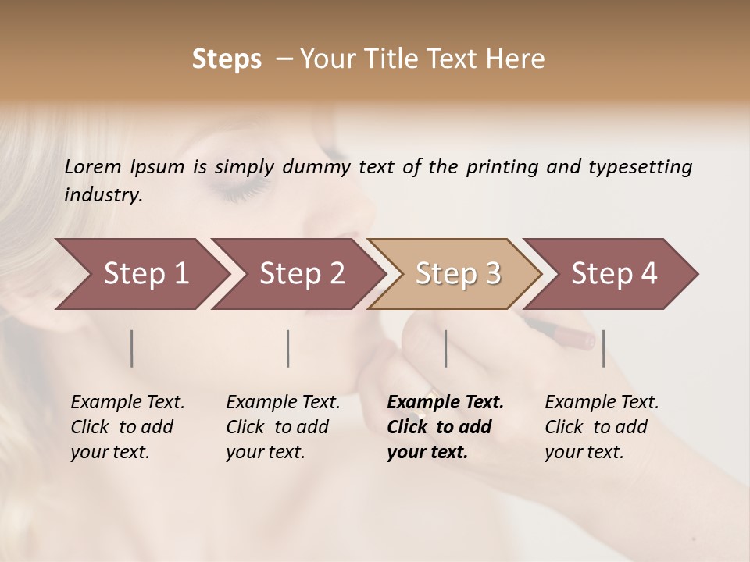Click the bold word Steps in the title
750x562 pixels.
pos(227,59)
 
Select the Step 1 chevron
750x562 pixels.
pos(141,274)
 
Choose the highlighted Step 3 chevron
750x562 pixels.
pos(455,274)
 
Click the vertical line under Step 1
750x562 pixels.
pos(132,348)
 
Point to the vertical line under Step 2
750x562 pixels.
pos(288,348)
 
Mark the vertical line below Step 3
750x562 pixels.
pos(446,348)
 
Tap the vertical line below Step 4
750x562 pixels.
pos(604,348)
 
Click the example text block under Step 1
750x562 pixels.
pos(127,427)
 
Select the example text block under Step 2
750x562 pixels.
pos(282,427)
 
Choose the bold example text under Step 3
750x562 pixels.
pos(445,427)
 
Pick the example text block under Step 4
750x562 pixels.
pos(601,427)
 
